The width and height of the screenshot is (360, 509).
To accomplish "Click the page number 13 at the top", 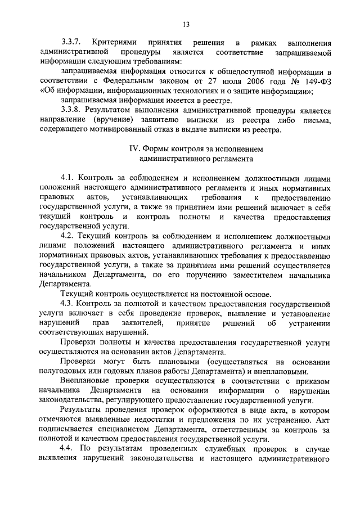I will point(186,24).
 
